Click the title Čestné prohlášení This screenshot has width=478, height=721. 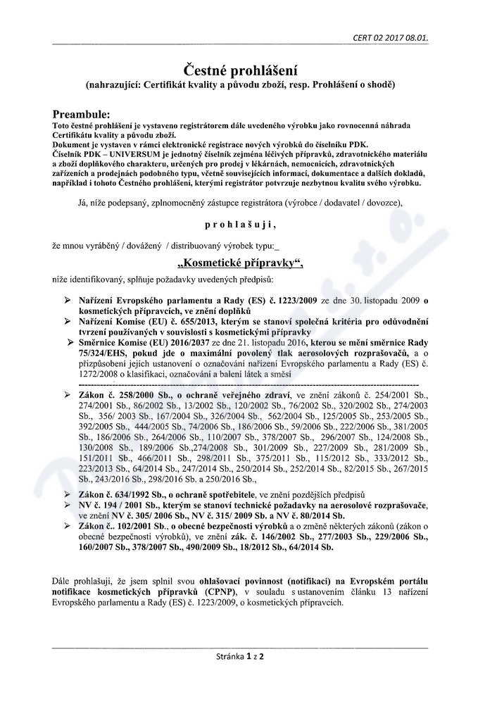[240, 70]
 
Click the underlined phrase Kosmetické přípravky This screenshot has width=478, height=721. [241, 264]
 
